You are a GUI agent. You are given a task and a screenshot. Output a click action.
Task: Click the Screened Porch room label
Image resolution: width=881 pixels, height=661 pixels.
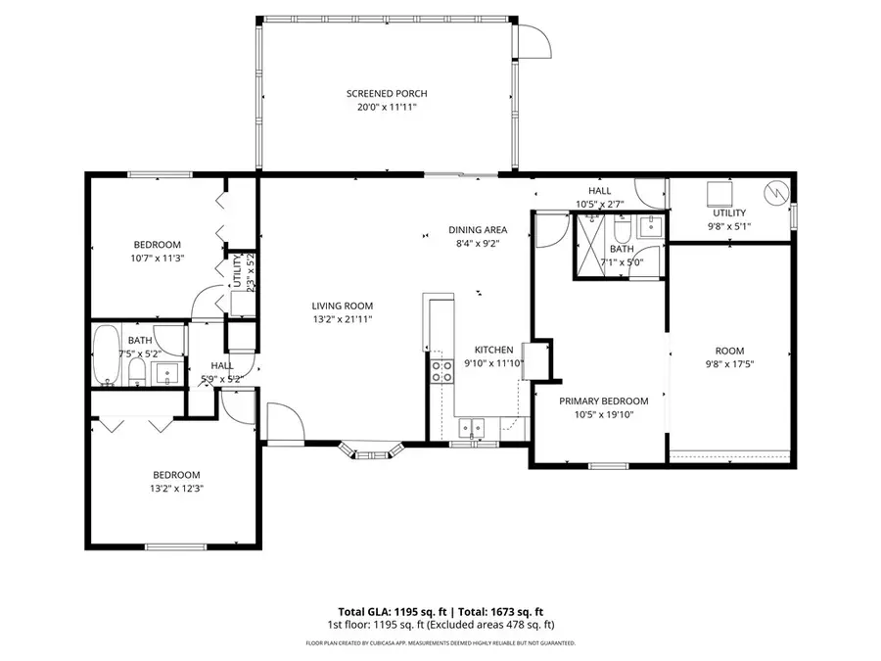coord(387,94)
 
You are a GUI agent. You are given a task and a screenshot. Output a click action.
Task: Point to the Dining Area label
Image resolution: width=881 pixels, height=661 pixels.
coord(478,230)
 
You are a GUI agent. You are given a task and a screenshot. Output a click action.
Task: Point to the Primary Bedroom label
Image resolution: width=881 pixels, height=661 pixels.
coord(604,401)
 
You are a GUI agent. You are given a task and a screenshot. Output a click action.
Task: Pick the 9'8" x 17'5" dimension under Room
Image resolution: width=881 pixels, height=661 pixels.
coord(729,365)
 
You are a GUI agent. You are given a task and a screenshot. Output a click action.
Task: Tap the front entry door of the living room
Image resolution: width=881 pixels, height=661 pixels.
coord(282,426)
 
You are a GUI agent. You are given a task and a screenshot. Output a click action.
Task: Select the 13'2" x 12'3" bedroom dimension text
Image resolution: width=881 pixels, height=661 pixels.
coord(176,489)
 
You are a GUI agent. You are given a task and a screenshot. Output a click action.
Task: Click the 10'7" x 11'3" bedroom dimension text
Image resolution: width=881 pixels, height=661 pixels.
coord(158,259)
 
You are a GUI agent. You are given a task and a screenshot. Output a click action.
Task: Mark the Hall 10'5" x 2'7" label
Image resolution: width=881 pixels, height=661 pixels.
coord(599,205)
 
